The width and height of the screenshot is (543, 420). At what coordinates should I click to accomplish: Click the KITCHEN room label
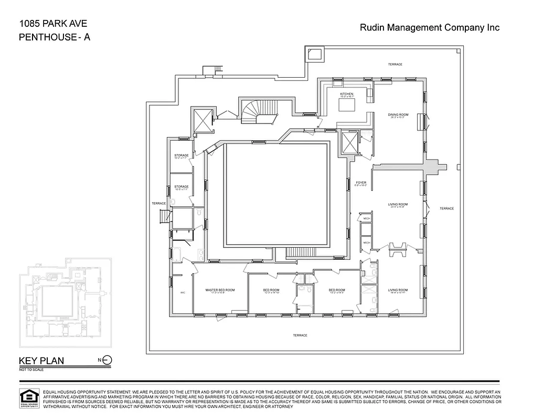[x=346, y=94]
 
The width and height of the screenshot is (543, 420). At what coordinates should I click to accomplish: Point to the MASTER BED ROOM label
[x=220, y=290]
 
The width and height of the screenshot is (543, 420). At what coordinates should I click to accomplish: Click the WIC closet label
[x=183, y=292]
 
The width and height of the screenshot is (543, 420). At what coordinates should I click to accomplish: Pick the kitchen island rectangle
[x=347, y=105]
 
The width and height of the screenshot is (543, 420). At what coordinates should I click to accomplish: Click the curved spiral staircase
[x=257, y=111]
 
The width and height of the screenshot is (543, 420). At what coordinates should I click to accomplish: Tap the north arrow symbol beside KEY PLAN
[x=107, y=360]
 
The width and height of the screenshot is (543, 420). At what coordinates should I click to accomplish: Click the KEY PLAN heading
[x=41, y=361]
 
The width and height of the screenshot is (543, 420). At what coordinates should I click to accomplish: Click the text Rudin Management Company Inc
[x=429, y=28]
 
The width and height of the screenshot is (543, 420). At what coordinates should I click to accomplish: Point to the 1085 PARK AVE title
[x=52, y=24]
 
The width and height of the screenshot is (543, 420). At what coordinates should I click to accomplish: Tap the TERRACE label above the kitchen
[x=395, y=64]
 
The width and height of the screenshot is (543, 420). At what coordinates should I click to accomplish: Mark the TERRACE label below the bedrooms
[x=300, y=335]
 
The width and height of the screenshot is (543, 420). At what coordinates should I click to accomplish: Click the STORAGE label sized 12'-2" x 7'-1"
[x=182, y=156]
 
